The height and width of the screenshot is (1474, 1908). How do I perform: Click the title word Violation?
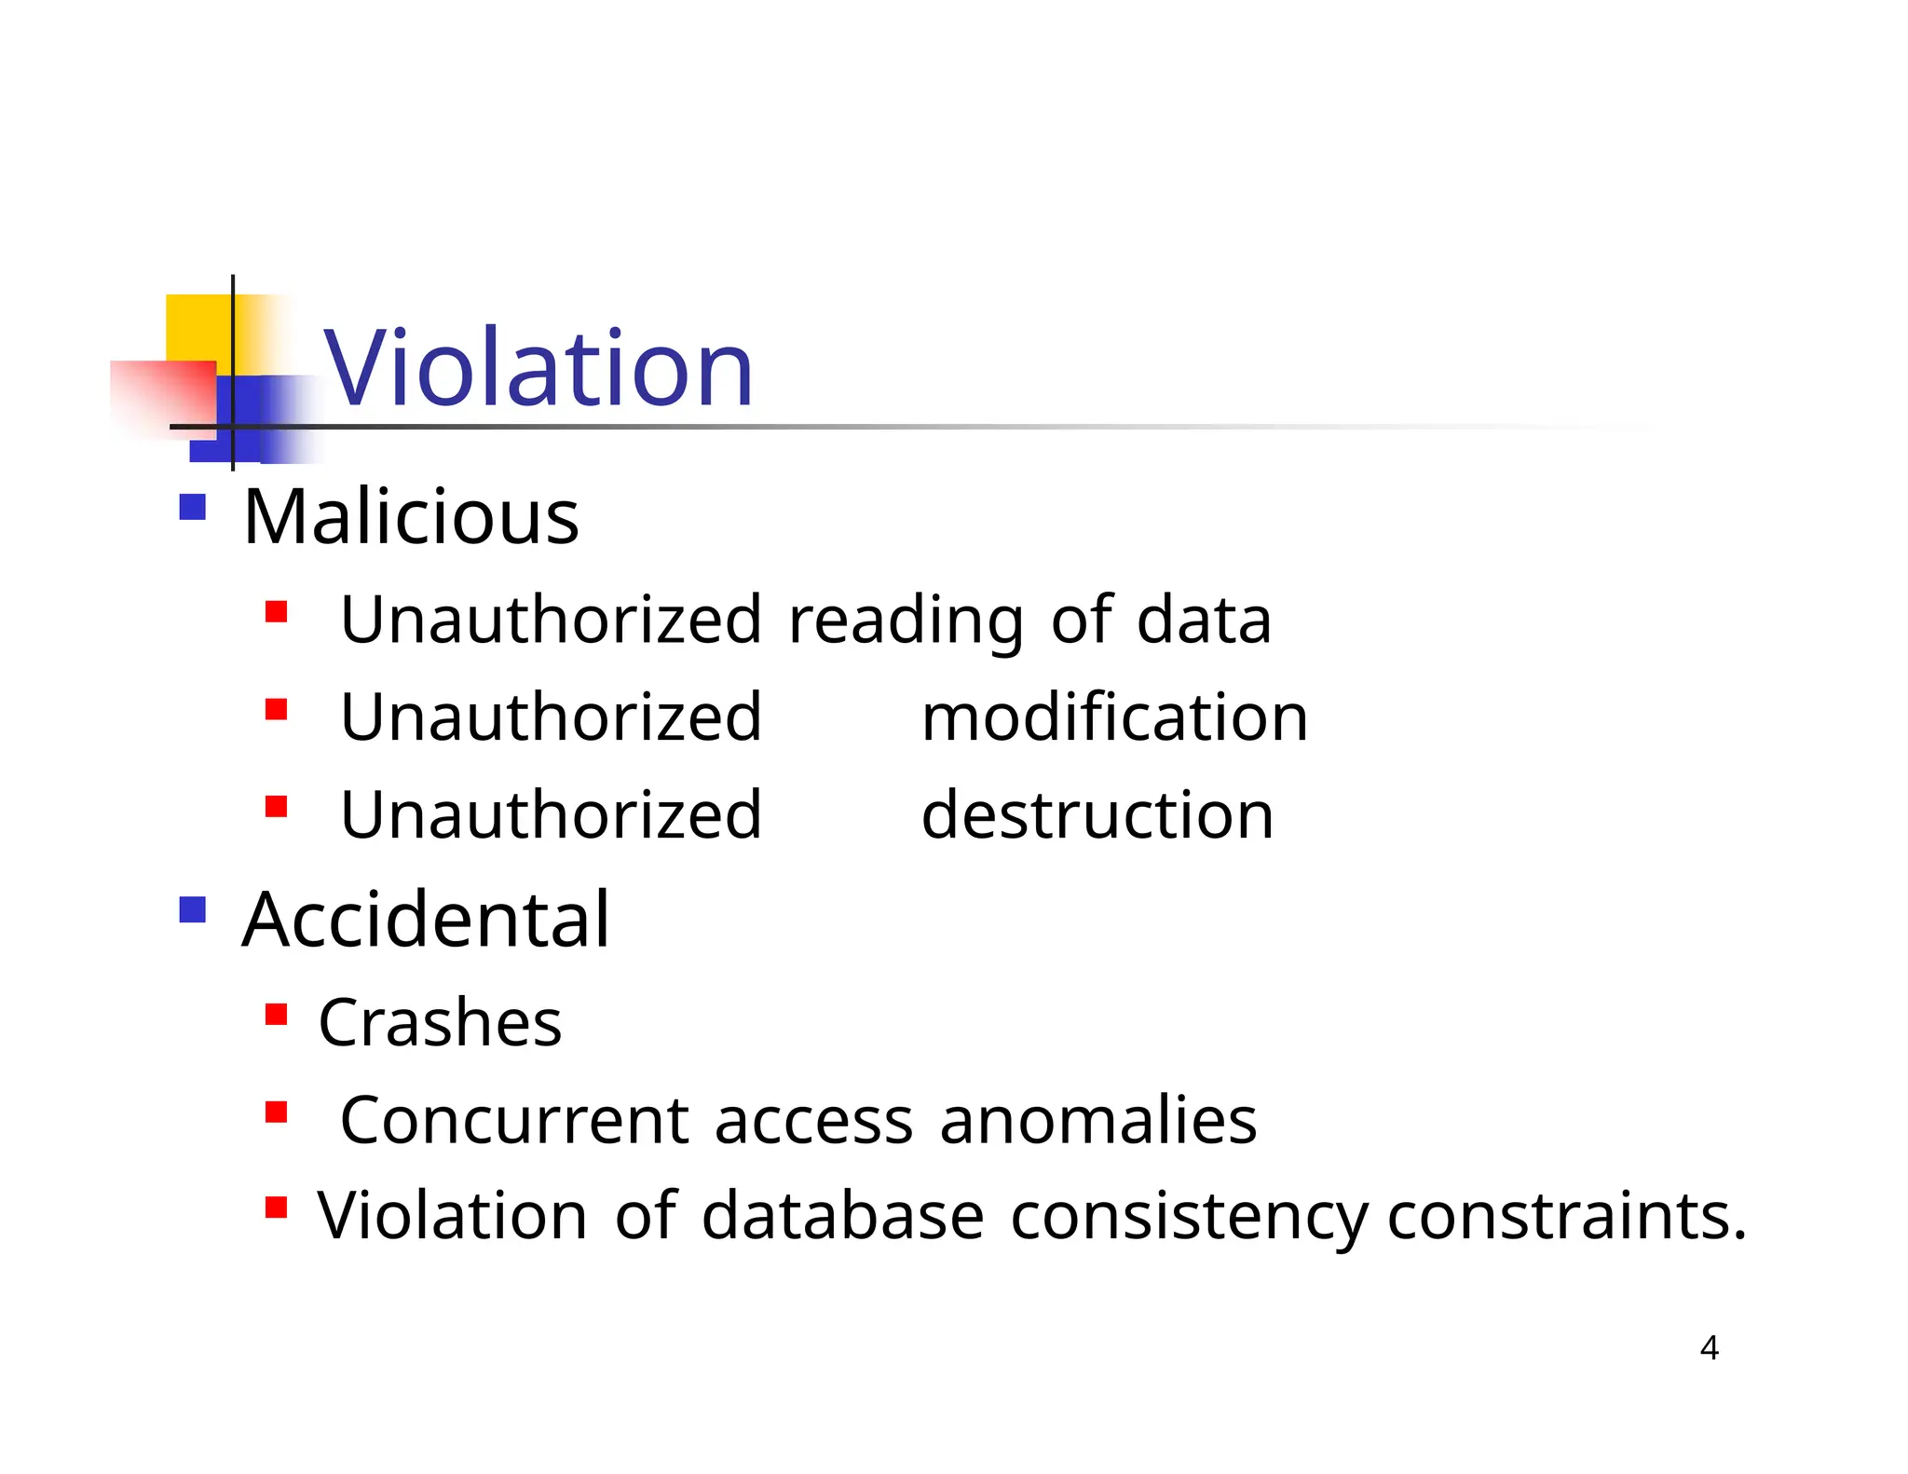pyautogui.click(x=538, y=369)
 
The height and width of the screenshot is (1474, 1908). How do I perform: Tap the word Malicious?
pyautogui.click(x=411, y=517)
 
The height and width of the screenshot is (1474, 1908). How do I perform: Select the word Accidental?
pyautogui.click(x=426, y=920)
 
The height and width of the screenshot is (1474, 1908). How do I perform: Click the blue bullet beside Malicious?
pyautogui.click(x=192, y=507)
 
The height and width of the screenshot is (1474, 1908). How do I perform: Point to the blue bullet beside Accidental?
pyautogui.click(x=192, y=909)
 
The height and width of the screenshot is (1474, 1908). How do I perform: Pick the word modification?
pyautogui.click(x=1114, y=717)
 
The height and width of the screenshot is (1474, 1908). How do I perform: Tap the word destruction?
pyautogui.click(x=1097, y=815)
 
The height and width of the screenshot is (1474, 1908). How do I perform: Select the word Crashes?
pyautogui.click(x=440, y=1023)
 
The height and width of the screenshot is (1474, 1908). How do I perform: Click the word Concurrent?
pyautogui.click(x=514, y=1120)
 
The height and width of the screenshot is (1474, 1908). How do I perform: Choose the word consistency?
pyautogui.click(x=1189, y=1217)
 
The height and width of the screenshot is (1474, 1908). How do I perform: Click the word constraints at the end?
pyautogui.click(x=1565, y=1217)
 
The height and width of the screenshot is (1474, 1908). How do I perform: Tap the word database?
pyautogui.click(x=842, y=1217)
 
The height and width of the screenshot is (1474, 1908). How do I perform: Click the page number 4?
pyautogui.click(x=1709, y=1348)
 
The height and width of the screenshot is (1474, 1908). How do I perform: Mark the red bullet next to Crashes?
pyautogui.click(x=276, y=1014)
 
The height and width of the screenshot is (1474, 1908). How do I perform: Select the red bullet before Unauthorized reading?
pyautogui.click(x=276, y=612)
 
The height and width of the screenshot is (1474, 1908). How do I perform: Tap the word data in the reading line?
pyautogui.click(x=1204, y=621)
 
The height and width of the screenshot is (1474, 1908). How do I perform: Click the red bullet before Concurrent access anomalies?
pyautogui.click(x=276, y=1112)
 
